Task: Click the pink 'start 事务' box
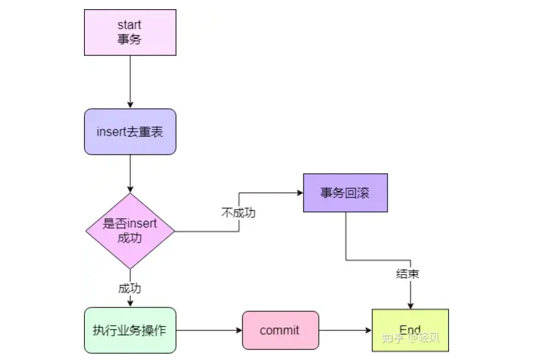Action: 130,32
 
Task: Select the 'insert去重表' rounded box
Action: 130,131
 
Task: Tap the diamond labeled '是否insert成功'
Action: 130,231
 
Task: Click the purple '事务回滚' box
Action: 345,193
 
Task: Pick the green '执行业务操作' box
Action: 130,330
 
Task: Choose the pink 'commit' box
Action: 280,330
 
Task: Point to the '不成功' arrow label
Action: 238,213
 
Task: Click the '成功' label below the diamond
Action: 129,288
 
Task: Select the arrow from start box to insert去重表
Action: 130,81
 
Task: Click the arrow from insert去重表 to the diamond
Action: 130,173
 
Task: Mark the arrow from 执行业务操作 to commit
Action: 209,330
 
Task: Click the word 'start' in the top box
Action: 129,24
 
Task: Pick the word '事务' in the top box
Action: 129,39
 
